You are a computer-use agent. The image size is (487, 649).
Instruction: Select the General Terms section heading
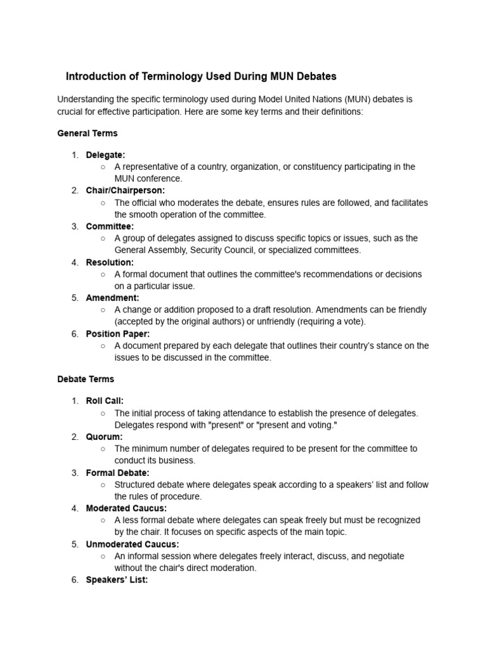tap(88, 134)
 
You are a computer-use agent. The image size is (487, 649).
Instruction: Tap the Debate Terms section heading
tap(86, 379)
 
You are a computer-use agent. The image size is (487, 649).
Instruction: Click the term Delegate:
tap(105, 155)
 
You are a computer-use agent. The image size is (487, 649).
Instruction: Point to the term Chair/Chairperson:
tap(126, 190)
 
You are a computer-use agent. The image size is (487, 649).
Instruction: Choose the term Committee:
tap(110, 226)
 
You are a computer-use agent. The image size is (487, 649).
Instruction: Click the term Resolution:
tap(110, 262)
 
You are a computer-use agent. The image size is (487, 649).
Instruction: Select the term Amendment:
tap(112, 298)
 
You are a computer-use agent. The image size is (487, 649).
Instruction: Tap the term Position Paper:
tap(118, 333)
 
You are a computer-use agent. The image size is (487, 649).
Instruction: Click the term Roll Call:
tap(105, 401)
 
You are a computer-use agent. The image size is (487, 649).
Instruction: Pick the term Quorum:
tap(104, 437)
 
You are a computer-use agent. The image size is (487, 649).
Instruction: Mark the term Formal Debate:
tap(118, 473)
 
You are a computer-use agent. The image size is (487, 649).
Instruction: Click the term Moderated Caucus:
tap(127, 508)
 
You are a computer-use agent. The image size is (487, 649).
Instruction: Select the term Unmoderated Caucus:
tap(133, 544)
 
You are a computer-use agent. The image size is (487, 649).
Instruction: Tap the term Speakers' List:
tap(117, 580)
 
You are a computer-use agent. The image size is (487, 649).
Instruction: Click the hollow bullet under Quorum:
tap(103, 449)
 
